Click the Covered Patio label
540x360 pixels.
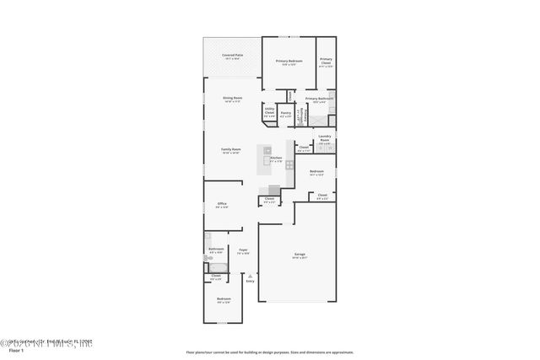coord(231,56)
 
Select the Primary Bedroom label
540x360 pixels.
coord(289,62)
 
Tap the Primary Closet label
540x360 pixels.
coord(326,61)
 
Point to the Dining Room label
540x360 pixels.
coord(233,99)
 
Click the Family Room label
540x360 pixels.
coord(231,149)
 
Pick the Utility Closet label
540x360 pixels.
coord(269,110)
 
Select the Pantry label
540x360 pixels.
coord(286,113)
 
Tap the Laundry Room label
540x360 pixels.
coord(324,138)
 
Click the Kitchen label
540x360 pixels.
coord(275,158)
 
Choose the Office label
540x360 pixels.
coord(222,203)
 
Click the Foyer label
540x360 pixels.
coord(243,250)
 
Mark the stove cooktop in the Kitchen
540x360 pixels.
coord(274,189)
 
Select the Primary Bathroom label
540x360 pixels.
coord(319,99)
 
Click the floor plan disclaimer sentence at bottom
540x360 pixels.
coord(269,352)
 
